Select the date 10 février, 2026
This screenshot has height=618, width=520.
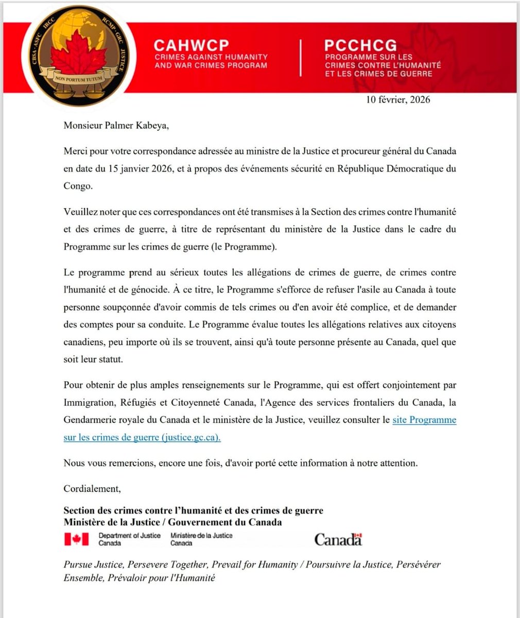point(398,100)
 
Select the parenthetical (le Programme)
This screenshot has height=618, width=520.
point(244,246)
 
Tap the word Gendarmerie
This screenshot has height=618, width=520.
point(90,420)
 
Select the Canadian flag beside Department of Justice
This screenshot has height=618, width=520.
point(76,539)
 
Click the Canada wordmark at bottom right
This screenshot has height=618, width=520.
point(338,540)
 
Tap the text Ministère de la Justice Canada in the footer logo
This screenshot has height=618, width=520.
point(201,539)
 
